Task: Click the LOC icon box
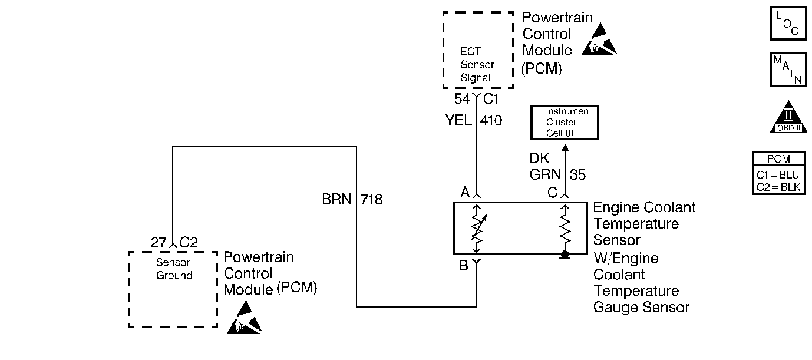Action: tap(788, 23)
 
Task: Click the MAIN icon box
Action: tap(788, 69)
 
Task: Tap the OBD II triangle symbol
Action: tap(788, 118)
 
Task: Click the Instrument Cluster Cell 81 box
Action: tap(565, 123)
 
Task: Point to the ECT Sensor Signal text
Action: tap(477, 64)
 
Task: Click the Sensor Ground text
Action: tap(173, 269)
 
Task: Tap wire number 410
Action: tap(491, 121)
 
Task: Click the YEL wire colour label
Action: tap(458, 121)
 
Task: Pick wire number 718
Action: tap(371, 200)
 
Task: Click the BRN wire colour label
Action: tap(336, 200)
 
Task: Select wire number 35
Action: tap(579, 174)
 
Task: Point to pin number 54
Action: tap(462, 98)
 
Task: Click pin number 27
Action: tap(159, 242)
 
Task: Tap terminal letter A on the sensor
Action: tap(465, 192)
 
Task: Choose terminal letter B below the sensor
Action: tap(464, 266)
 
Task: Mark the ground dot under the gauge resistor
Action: tap(565, 255)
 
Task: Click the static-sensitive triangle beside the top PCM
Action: tap(599, 41)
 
